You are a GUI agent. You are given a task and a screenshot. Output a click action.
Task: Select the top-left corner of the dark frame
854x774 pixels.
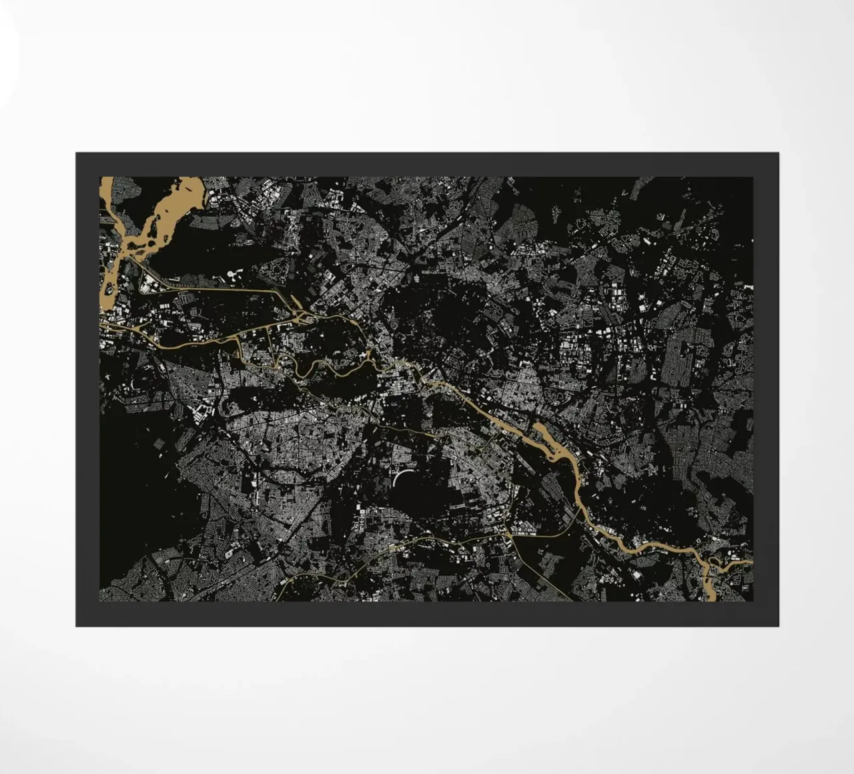[x=76, y=153]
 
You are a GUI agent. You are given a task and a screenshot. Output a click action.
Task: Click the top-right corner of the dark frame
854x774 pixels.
[x=778, y=153]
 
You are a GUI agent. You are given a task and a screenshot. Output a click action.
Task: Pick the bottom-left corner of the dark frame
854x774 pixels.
[x=76, y=626]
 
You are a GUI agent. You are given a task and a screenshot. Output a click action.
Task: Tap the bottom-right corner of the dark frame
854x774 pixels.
[x=778, y=626]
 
